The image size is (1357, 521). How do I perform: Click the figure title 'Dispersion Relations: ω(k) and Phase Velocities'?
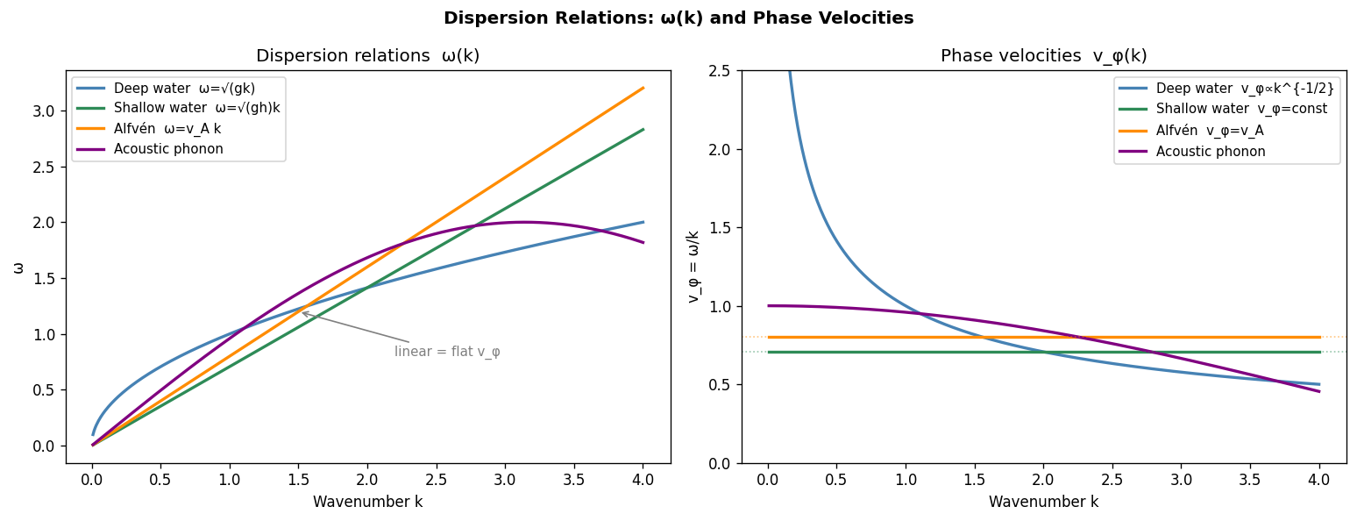pyautogui.click(x=678, y=18)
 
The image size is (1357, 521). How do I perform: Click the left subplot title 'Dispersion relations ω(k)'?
pyautogui.click(x=367, y=56)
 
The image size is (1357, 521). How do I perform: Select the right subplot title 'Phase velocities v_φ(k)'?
pyautogui.click(x=1043, y=56)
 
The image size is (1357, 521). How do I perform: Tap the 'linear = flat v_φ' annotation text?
pyautogui.click(x=447, y=352)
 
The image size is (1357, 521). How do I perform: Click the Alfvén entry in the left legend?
pyautogui.click(x=167, y=129)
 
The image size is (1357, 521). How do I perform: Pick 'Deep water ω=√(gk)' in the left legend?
pyautogui.click(x=184, y=89)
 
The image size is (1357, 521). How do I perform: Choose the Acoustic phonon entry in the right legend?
pyautogui.click(x=1211, y=152)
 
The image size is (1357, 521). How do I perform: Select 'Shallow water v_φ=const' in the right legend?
pyautogui.click(x=1241, y=110)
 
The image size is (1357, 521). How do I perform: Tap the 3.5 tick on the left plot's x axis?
pyautogui.click(x=574, y=480)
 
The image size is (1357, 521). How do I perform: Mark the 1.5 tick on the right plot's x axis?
pyautogui.click(x=974, y=480)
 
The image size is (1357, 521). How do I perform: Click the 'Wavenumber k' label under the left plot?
pyautogui.click(x=367, y=502)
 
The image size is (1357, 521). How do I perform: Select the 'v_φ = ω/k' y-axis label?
pyautogui.click(x=693, y=267)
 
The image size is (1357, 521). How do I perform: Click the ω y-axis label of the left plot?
pyautogui.click(x=18, y=267)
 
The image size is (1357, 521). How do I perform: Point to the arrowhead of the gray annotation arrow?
pyautogui.click(x=302, y=312)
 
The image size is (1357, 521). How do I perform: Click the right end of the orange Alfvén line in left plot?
pyautogui.click(x=643, y=88)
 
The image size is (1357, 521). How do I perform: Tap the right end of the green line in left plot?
pyautogui.click(x=643, y=129)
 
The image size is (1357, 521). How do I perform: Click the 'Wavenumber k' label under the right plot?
pyautogui.click(x=1043, y=502)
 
